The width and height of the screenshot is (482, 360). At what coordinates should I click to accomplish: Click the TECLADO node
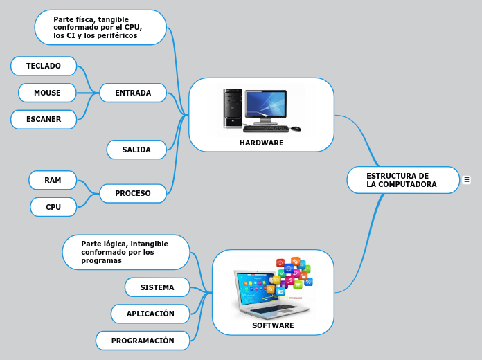click(x=44, y=66)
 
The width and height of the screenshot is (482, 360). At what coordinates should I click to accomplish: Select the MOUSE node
click(x=47, y=93)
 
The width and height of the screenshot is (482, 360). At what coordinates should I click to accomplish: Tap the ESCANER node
click(x=44, y=119)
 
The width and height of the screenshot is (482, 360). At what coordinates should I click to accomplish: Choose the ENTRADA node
click(x=133, y=93)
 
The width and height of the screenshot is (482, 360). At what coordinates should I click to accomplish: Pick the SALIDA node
click(x=136, y=150)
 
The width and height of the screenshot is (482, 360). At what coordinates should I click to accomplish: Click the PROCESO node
click(x=133, y=193)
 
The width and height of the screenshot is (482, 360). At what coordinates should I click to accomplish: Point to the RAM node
click(x=53, y=180)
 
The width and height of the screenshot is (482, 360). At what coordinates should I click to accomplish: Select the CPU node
click(x=53, y=207)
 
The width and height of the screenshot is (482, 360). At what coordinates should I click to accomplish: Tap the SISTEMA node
click(x=157, y=287)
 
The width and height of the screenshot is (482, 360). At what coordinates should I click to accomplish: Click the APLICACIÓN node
click(x=150, y=314)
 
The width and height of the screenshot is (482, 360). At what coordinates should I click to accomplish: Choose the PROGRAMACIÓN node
click(x=143, y=341)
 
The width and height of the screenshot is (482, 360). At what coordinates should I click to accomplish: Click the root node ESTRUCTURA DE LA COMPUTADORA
click(x=402, y=180)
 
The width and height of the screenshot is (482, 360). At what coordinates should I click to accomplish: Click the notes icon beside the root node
click(x=467, y=180)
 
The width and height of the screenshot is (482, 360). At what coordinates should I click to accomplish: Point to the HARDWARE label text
click(x=261, y=143)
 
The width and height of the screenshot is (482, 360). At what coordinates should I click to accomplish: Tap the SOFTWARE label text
click(x=273, y=325)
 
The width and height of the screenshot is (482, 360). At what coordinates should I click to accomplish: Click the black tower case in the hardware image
click(x=232, y=108)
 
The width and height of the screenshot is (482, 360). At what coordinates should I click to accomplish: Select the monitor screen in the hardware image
click(x=265, y=104)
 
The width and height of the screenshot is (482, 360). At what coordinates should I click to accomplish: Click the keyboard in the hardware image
click(x=266, y=128)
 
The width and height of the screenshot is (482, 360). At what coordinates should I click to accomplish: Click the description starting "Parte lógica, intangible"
click(x=125, y=252)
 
